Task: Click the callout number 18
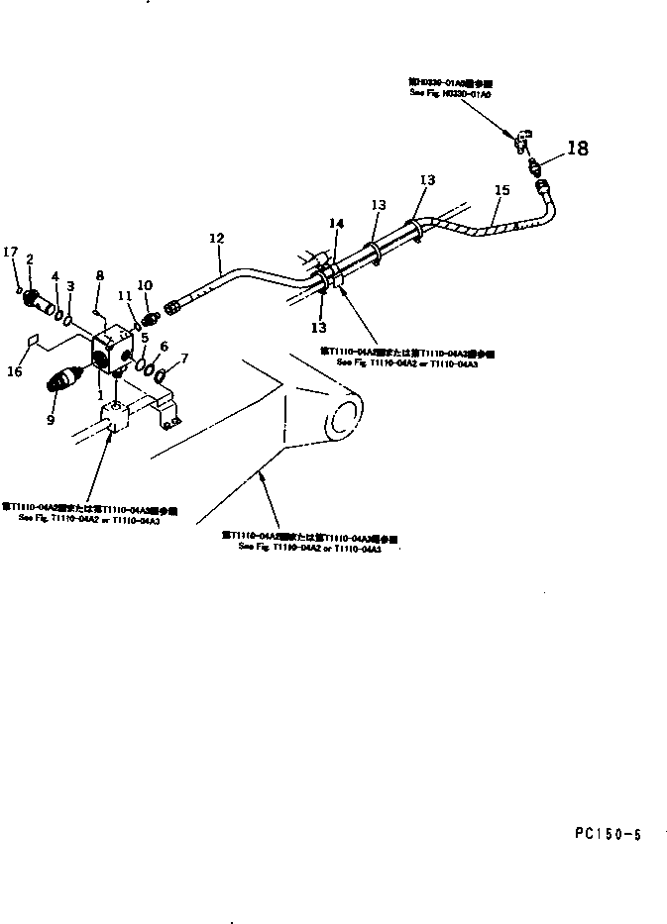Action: coord(577,149)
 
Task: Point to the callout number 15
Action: coord(501,190)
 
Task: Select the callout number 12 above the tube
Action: coord(217,239)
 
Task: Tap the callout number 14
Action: coord(336,225)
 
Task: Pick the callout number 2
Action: coord(30,259)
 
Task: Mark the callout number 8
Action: coord(99,276)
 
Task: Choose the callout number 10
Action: coord(145,285)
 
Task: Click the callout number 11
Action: coord(124,295)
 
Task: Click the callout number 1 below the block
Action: coord(101,394)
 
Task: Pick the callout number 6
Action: coord(164,347)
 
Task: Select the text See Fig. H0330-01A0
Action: coord(450,92)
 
